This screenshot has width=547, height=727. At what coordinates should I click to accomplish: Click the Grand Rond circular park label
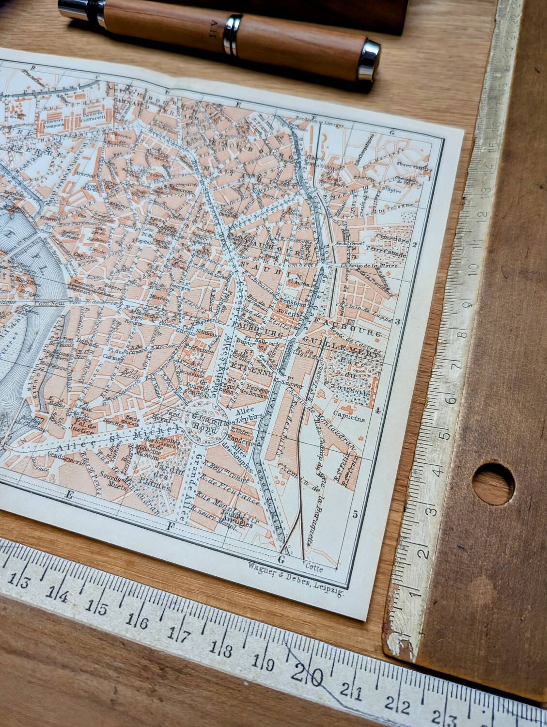(x=206, y=420)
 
